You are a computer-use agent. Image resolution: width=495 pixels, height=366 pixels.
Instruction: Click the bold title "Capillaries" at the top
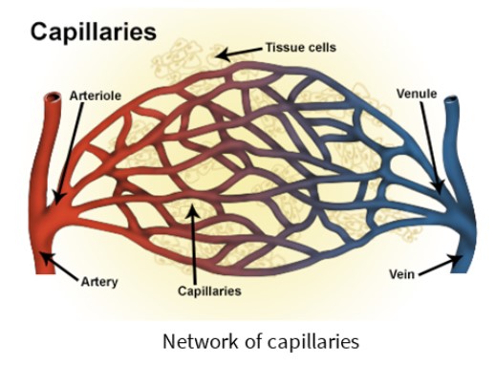point(94,32)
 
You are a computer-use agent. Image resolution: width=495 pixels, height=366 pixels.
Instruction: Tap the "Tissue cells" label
point(301,48)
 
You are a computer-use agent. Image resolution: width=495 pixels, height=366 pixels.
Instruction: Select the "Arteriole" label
point(96,96)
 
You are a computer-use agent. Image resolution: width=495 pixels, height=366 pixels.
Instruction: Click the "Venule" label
point(417,94)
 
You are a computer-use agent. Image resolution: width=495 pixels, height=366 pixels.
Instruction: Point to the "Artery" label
point(99,282)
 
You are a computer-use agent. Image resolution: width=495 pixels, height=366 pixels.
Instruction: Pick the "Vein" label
point(401,274)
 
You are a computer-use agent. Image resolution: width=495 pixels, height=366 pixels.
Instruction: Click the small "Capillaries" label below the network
point(209,291)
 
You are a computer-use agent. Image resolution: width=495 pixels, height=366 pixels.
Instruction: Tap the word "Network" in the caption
point(201,341)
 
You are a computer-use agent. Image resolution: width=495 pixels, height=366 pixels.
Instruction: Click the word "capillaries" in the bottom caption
point(313,342)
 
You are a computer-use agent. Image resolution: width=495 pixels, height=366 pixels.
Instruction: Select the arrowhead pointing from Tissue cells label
point(221,54)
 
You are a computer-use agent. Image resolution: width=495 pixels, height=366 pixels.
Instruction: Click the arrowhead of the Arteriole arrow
point(58,199)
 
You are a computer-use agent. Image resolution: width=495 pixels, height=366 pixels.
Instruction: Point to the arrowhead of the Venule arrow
point(438,188)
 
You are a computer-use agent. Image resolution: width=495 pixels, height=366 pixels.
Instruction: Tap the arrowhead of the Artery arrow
point(46,257)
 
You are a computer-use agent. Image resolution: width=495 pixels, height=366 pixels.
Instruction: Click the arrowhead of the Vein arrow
point(456,258)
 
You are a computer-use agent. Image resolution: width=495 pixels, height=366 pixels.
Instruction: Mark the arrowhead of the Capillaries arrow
point(192,209)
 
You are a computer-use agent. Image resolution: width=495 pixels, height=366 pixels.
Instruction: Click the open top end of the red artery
point(53,97)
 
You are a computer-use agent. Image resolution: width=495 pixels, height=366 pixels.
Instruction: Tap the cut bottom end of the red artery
point(45,271)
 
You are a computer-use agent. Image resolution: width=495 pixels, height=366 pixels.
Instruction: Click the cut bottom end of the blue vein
point(461,271)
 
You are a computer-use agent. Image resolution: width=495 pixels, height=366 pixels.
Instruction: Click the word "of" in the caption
point(253,341)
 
